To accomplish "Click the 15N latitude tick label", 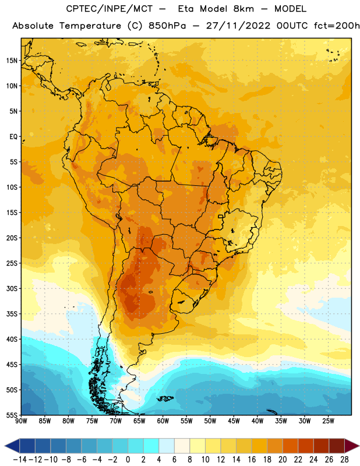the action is tap(12, 61).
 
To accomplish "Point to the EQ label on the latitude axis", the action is tap(13, 137).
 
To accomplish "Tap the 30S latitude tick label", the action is tap(12, 288).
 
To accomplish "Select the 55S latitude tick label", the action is tap(12, 415).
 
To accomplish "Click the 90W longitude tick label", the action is tap(21, 421).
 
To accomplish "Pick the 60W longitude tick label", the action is tap(163, 421).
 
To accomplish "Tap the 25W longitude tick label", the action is tap(328, 421).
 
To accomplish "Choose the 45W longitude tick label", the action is tap(234, 421).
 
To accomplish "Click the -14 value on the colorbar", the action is tap(20, 460).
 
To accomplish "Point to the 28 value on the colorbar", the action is tap(344, 460).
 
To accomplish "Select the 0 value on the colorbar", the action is tap(128, 460).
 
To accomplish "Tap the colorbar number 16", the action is tap(252, 460).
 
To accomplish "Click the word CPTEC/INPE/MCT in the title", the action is tap(110, 9).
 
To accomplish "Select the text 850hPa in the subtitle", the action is tap(167, 26).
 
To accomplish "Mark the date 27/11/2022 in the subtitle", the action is tap(238, 26).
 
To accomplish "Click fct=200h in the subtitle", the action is tap(337, 26).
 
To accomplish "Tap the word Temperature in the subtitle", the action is tap(90, 26).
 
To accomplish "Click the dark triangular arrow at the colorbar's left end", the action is tap(12, 446).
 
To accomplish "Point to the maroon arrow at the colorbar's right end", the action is tap(352, 446).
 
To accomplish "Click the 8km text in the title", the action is tap(243, 9).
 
